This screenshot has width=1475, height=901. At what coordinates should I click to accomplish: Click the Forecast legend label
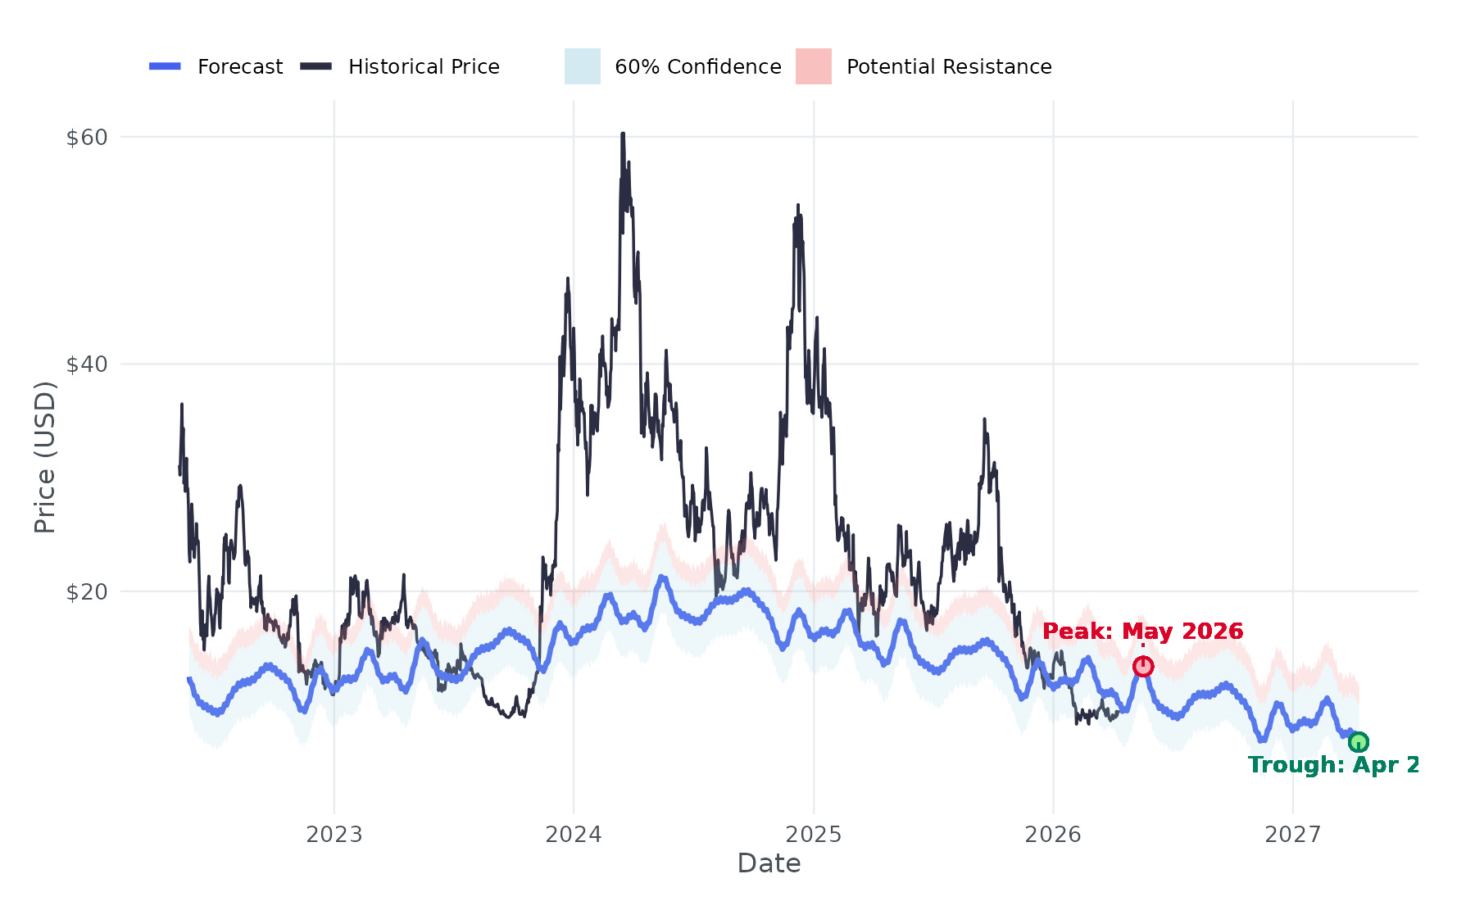(x=240, y=66)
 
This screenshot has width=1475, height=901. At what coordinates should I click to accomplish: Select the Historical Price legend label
(x=424, y=66)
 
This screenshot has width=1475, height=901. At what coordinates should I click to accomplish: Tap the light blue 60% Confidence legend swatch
(x=582, y=66)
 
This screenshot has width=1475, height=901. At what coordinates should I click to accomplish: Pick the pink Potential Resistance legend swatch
(x=813, y=66)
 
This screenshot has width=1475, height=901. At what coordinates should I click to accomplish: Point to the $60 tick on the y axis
(x=87, y=137)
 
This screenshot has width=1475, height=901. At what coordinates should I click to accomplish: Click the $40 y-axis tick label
(x=87, y=364)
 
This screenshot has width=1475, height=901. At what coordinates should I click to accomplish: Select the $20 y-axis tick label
(x=87, y=591)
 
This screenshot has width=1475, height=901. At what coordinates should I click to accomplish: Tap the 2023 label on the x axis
(x=334, y=835)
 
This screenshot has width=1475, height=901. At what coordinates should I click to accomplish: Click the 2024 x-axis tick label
(x=574, y=835)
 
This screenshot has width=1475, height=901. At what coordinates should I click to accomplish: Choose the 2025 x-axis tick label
(x=814, y=835)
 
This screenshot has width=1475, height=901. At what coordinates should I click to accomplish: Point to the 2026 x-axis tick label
(x=1053, y=835)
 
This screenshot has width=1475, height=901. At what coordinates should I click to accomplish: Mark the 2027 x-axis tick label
(x=1293, y=835)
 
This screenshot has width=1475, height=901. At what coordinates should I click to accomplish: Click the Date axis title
(x=769, y=863)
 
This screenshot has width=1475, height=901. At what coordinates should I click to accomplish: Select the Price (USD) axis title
(x=45, y=457)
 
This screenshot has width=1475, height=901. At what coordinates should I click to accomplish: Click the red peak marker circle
(x=1143, y=667)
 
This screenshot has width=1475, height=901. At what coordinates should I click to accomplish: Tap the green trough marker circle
(x=1358, y=743)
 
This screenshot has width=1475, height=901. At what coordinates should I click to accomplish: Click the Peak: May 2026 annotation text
(x=1142, y=632)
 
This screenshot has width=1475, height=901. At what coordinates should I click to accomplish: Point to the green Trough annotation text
(x=1333, y=765)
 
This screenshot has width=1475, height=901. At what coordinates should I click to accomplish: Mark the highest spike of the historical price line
(x=623, y=134)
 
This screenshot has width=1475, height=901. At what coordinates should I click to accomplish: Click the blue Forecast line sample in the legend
(x=165, y=66)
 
